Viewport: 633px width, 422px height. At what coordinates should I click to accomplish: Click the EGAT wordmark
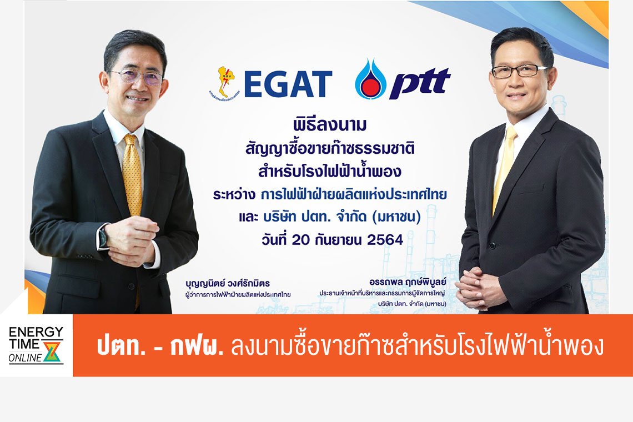tap(288, 84)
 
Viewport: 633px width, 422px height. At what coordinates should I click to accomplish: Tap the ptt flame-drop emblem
tap(370, 79)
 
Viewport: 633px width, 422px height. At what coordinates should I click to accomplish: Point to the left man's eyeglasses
tap(136, 76)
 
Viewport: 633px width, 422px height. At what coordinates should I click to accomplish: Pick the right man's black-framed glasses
tap(519, 71)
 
